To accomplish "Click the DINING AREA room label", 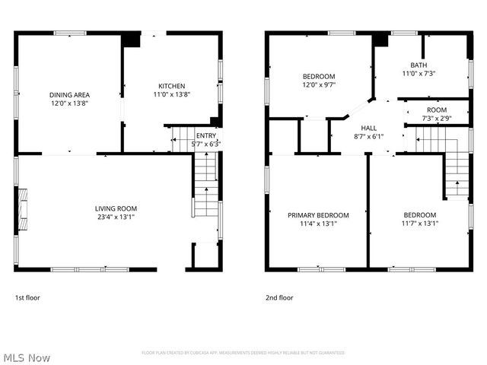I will (x=70, y=94).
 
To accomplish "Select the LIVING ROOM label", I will (x=116, y=208).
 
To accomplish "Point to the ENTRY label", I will (x=206, y=135).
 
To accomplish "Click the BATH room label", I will (x=419, y=65).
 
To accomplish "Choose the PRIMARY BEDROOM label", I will (x=318, y=215).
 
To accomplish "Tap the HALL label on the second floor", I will (x=369, y=128).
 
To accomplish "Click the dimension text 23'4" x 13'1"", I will (x=116, y=217).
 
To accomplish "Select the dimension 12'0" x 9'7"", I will (x=319, y=85).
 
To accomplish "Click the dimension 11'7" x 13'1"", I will (x=420, y=224).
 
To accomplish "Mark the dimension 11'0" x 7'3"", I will (x=419, y=74).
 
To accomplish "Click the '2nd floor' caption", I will (x=279, y=297).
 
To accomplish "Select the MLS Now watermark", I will (x=27, y=357).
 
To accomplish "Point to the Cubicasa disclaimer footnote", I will (x=243, y=353).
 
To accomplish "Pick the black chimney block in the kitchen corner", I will (x=132, y=39).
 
